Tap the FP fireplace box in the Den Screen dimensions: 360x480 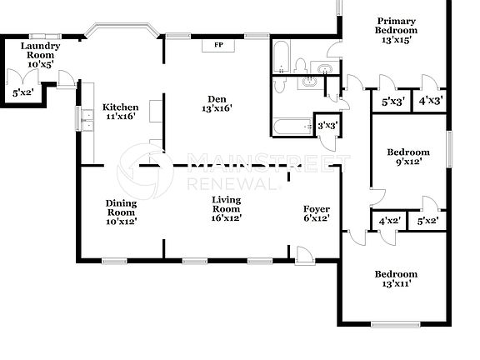pyautogui.click(x=218, y=45)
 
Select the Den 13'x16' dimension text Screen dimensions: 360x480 pyautogui.click(x=215, y=107)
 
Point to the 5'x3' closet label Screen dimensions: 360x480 pyautogui.click(x=393, y=101)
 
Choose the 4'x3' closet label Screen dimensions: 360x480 pyautogui.click(x=430, y=101)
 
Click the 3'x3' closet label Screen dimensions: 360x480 pyautogui.click(x=327, y=126)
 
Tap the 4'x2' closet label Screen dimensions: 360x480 pyautogui.click(x=389, y=222)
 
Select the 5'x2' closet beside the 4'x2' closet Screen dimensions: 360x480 pyautogui.click(x=427, y=222)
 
